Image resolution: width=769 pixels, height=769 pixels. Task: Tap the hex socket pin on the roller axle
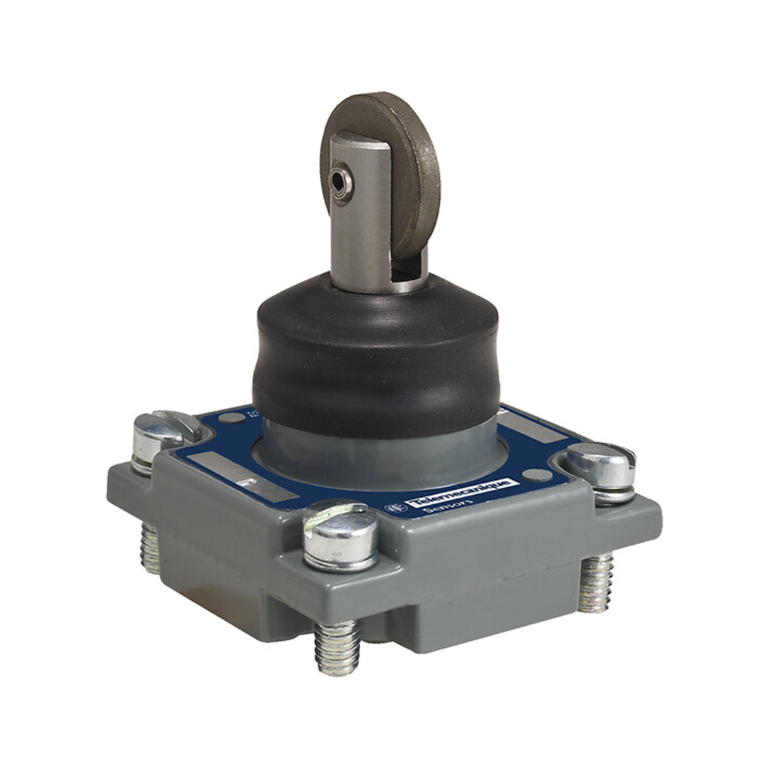click(340, 184)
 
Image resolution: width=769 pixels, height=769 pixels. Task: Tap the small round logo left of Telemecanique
click(392, 508)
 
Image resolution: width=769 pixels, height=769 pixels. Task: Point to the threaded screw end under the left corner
click(150, 548)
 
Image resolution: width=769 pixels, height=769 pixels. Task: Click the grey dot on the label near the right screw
click(541, 475)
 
